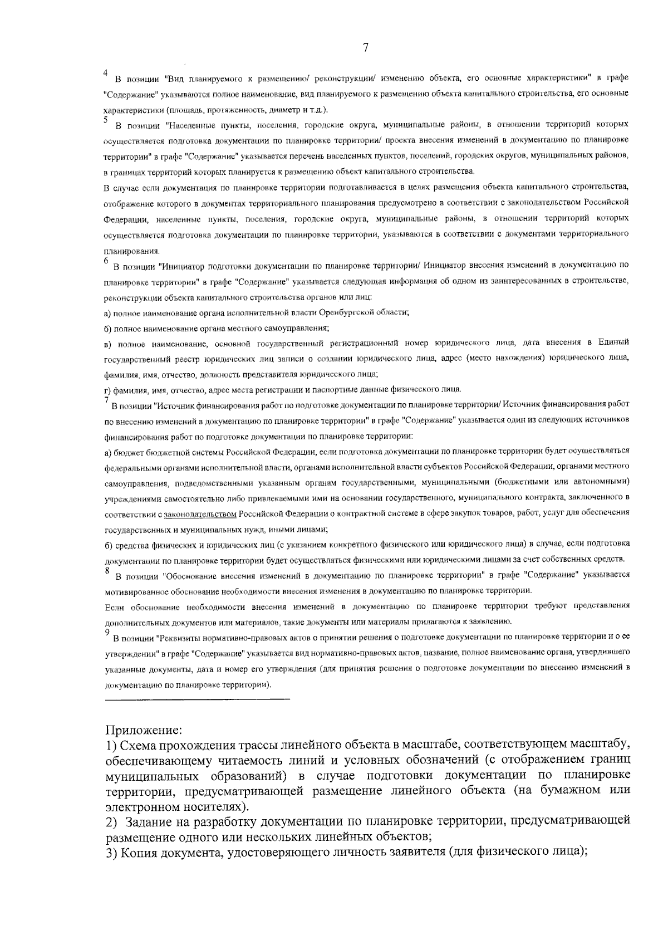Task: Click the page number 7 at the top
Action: coord(366,48)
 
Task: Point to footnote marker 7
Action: coord(106,400)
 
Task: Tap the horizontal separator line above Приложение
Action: coord(197,698)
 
